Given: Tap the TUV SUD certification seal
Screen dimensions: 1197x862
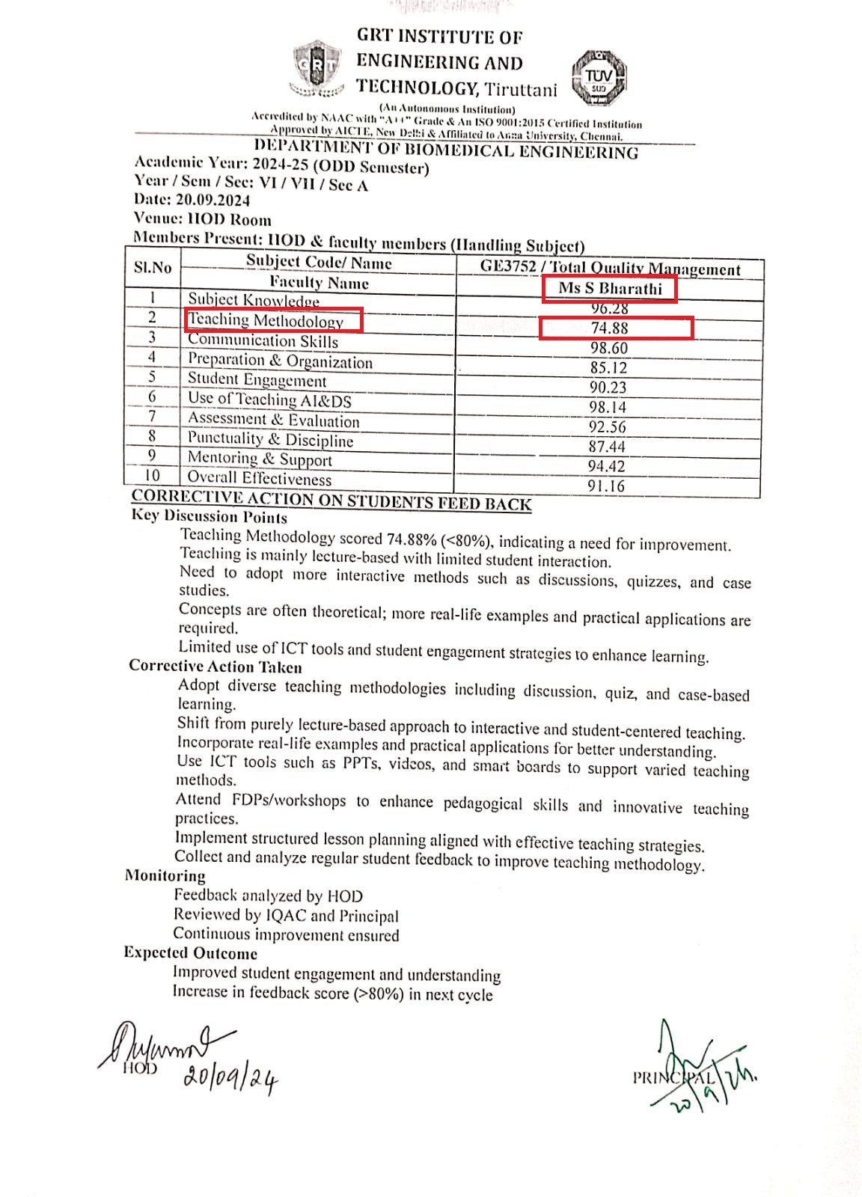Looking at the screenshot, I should point(599,78).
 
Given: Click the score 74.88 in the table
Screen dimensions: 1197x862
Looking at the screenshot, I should point(610,328).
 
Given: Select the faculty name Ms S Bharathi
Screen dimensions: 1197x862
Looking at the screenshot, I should point(611,289).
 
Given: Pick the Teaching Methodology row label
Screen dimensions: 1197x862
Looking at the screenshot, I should point(266,320).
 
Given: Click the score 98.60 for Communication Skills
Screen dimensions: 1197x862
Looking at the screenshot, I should point(609,348).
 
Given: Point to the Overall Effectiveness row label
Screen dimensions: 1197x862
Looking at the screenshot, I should point(259,478).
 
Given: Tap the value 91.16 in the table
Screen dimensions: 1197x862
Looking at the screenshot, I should point(606,486).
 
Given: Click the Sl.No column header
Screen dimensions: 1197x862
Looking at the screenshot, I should point(153,267).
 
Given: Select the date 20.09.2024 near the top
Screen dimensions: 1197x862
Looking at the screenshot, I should point(213,200).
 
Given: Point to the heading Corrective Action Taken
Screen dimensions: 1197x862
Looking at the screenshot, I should point(215,666).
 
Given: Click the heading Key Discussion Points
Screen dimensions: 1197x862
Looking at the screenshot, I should point(210,516).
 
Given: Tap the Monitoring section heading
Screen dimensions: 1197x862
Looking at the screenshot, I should point(165,875).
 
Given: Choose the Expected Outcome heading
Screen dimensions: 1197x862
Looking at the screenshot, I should point(191,953).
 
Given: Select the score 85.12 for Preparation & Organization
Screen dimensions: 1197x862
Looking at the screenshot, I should point(608,367).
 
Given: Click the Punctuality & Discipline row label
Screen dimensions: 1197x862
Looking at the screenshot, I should point(270,439).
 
